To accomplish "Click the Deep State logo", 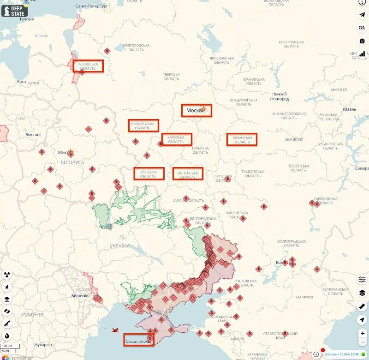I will [14, 11].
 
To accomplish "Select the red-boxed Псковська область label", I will [88, 66].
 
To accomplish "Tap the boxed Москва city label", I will [196, 110].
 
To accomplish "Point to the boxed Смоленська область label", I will [143, 126].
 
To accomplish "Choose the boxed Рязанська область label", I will [241, 139].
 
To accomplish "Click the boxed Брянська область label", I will [149, 174].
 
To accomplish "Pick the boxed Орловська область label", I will [187, 174].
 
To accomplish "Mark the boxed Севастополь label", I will [138, 340].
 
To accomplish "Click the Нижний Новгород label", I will [280, 96].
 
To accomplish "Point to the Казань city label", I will [349, 109].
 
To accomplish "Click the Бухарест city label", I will [43, 344].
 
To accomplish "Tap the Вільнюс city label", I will [33, 135].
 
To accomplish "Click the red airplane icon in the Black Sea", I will [115, 330].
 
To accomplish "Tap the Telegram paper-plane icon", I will [362, 14].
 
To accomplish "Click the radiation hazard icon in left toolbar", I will [7, 275].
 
